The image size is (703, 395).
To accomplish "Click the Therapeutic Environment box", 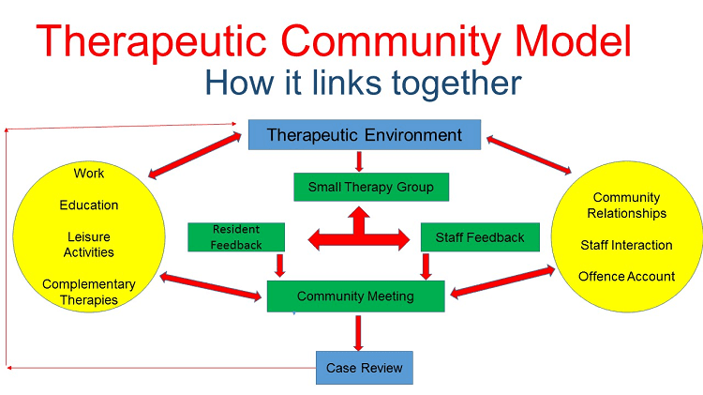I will point(365,135).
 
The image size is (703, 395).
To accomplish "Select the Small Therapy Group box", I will point(370,187).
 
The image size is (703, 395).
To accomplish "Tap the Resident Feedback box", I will point(234,236).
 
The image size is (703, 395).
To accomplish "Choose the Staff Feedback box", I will point(480,237).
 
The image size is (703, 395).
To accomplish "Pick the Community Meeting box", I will point(355,296).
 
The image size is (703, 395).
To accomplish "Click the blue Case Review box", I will point(364,368).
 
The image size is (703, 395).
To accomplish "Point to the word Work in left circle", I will point(89,174).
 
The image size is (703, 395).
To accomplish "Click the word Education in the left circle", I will point(89,205).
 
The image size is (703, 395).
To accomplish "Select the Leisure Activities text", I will point(89,244).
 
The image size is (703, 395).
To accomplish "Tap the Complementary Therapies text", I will point(89,292).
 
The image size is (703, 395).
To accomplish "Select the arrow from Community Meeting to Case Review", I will point(358,331).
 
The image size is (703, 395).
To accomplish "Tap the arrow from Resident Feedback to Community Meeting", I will point(278,266).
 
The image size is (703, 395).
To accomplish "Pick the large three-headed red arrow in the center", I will point(359,235).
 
